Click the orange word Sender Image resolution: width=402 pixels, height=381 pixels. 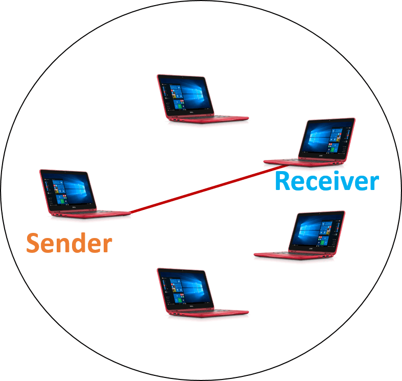click(x=69, y=243)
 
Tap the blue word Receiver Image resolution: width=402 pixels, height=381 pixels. click(x=327, y=181)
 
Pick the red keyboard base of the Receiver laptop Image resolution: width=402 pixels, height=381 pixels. click(x=305, y=162)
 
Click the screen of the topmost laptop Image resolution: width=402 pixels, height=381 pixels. click(x=185, y=94)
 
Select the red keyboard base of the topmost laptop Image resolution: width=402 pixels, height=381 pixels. click(x=207, y=118)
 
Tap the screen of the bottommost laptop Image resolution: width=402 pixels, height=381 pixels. click(x=185, y=288)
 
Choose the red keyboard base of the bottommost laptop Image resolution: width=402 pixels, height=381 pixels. click(x=207, y=313)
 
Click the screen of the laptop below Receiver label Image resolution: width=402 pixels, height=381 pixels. click(x=317, y=231)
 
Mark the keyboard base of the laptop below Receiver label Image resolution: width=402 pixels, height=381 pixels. click(x=295, y=255)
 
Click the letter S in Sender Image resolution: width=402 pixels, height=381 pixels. click(x=33, y=243)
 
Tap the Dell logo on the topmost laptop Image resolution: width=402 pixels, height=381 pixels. click(x=191, y=112)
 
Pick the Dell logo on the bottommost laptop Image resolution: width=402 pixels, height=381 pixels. click(x=191, y=305)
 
